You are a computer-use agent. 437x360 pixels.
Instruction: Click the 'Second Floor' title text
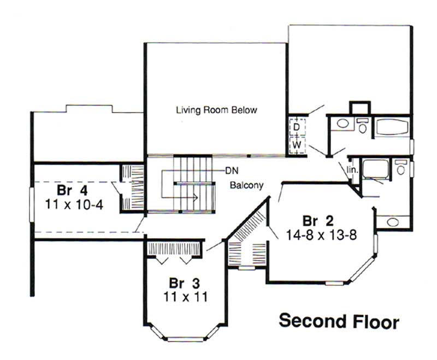click(339, 321)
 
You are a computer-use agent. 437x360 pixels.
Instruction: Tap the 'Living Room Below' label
click(216, 110)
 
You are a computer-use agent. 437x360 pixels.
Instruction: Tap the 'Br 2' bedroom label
click(318, 221)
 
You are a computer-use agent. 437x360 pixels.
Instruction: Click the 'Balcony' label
click(246, 185)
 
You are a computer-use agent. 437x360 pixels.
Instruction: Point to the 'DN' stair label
click(231, 170)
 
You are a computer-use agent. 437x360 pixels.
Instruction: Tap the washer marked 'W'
click(296, 145)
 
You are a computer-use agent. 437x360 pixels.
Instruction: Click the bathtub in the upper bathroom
click(392, 128)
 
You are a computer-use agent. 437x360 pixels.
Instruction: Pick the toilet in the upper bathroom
click(362, 125)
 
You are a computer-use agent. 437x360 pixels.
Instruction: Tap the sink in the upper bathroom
click(342, 123)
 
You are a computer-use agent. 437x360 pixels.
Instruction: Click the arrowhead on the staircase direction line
click(193, 199)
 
